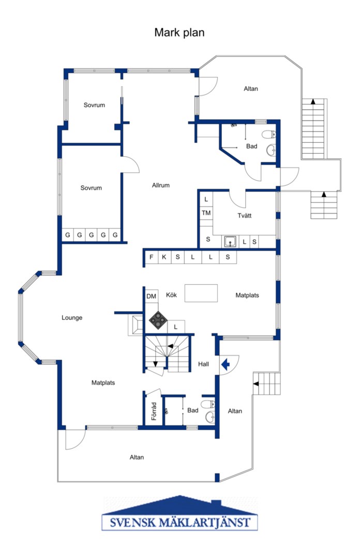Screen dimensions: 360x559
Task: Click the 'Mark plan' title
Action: click(179, 33)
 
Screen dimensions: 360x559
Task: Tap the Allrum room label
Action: click(161, 185)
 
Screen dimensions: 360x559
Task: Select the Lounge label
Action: click(72, 318)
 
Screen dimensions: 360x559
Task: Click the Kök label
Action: click(171, 295)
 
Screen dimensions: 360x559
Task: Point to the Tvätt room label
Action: click(245, 216)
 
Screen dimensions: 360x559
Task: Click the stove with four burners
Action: click(158, 320)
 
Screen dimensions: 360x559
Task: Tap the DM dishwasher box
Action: click(152, 296)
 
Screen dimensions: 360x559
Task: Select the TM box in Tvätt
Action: click(206, 213)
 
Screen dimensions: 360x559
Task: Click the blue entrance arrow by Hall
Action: click(226, 365)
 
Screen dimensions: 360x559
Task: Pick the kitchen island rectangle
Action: click(201, 293)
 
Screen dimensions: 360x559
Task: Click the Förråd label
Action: click(154, 411)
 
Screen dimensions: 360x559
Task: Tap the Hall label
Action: click(203, 364)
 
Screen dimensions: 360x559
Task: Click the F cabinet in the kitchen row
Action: click(151, 257)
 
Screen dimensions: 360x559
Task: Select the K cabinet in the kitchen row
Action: click(164, 257)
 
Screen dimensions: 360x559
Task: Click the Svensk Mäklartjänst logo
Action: click(179, 513)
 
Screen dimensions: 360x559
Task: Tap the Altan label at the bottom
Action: click(137, 458)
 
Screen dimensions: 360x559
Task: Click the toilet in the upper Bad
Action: click(269, 135)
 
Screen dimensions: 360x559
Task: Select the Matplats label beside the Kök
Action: click(247, 296)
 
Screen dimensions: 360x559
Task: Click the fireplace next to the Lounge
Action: click(136, 325)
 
